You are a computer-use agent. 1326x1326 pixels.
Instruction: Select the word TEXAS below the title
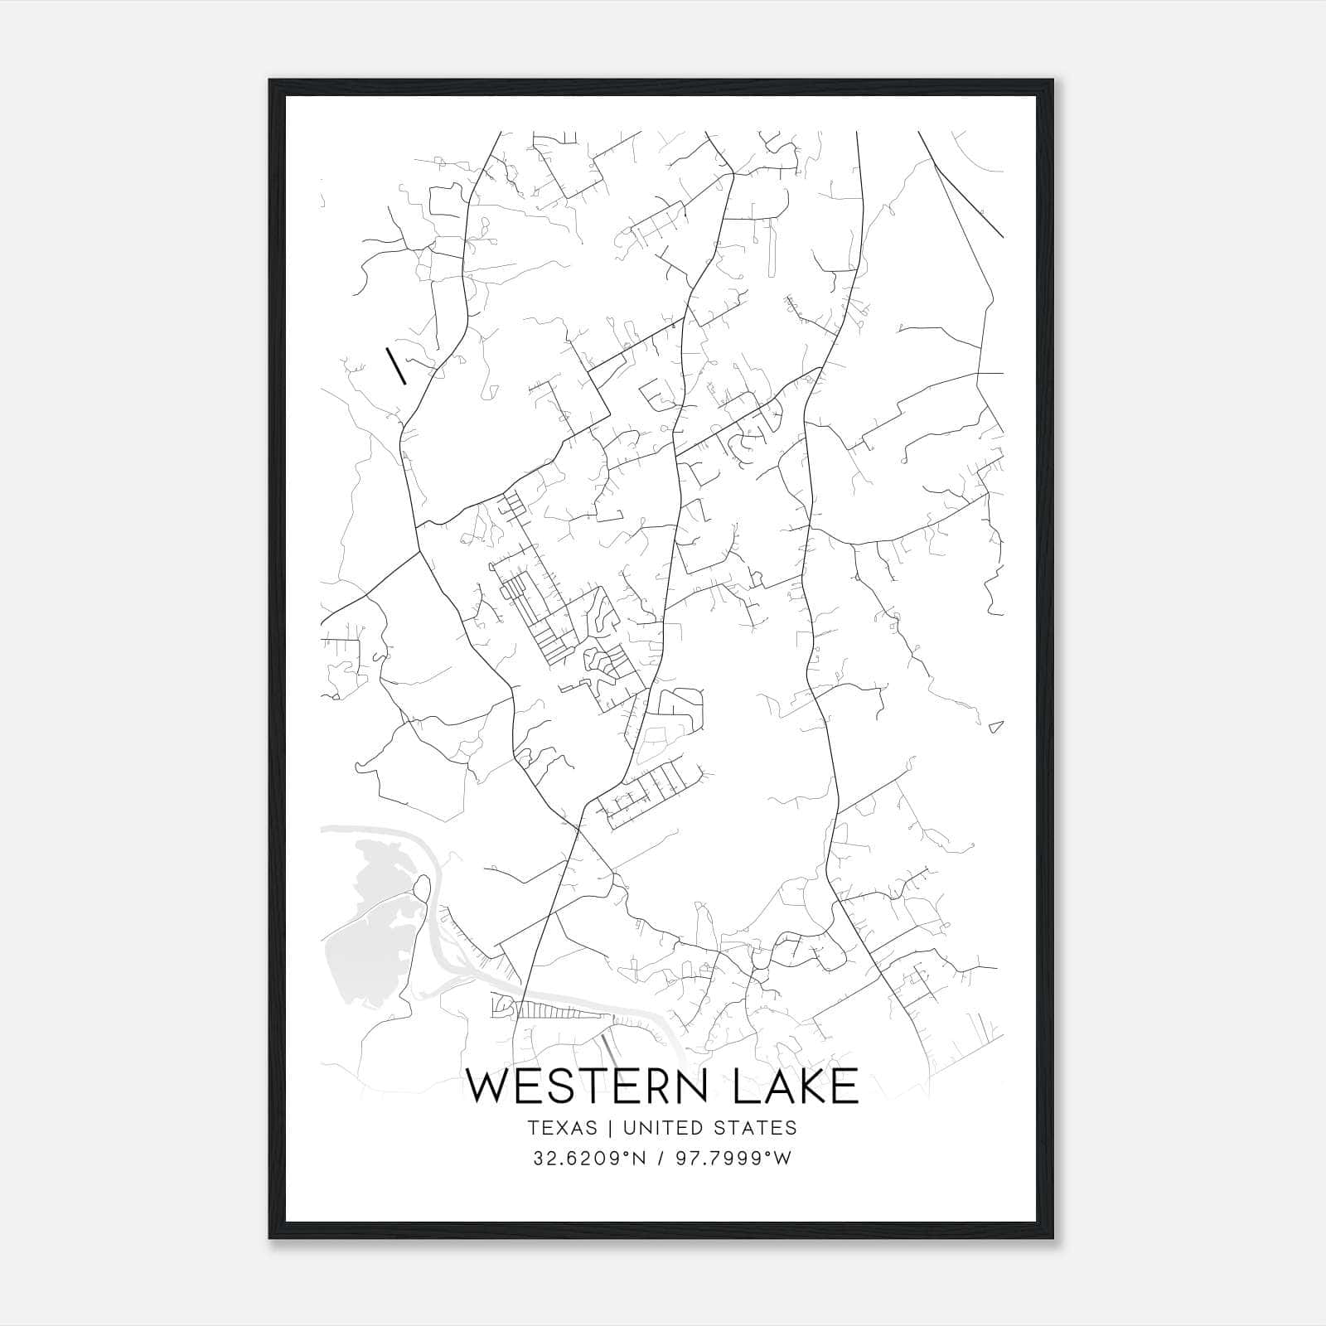(561, 1128)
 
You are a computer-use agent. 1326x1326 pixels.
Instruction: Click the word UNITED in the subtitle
(655, 1128)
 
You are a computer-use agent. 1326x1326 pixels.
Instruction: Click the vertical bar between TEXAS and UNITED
(609, 1128)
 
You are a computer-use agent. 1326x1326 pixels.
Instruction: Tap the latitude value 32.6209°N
(588, 1159)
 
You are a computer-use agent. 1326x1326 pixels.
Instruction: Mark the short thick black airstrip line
(396, 366)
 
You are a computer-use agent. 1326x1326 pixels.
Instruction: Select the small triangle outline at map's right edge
(997, 728)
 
